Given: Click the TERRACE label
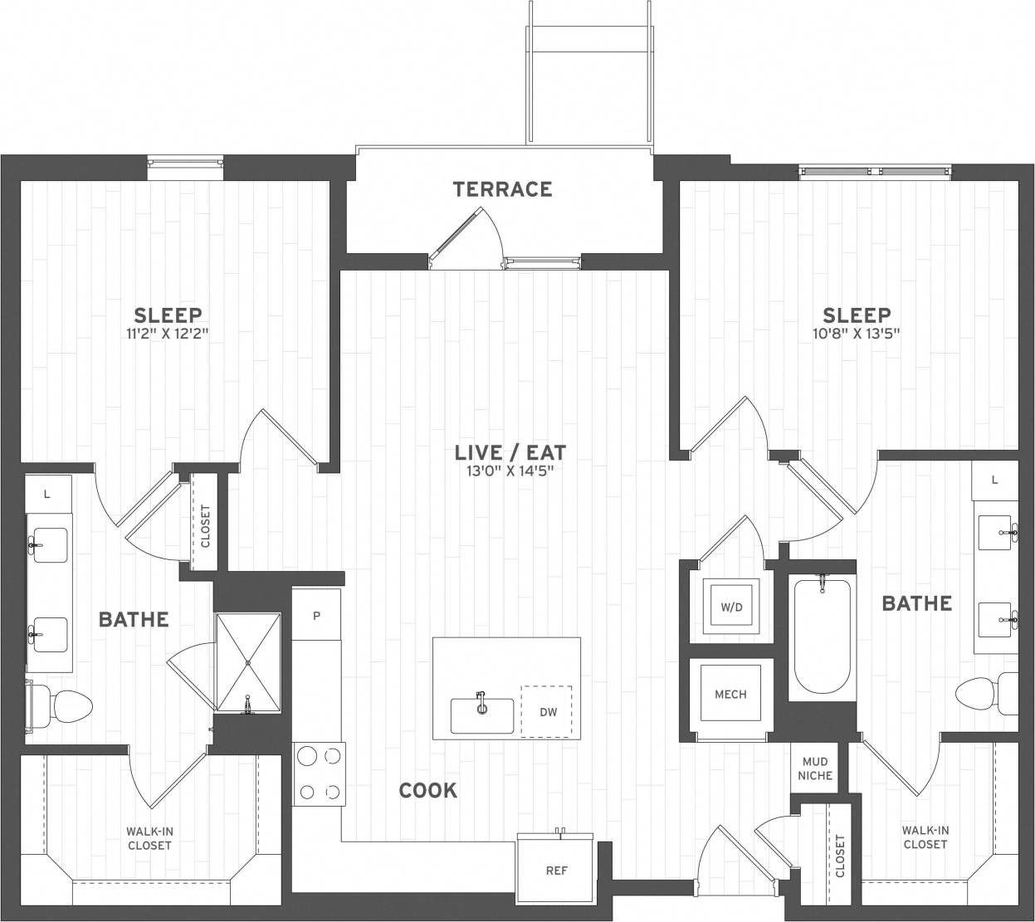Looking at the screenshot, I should [502, 189].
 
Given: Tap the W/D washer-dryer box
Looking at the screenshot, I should [731, 607].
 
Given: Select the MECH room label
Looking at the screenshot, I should [730, 694].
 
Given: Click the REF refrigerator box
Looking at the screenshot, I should [556, 871].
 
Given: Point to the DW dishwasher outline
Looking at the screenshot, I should [547, 711].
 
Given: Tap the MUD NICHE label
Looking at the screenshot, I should [813, 768].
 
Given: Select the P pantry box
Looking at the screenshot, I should [316, 616].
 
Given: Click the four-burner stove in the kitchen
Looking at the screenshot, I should [319, 773].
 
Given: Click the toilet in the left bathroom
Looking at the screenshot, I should [66, 706].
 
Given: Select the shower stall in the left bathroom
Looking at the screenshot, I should [249, 661].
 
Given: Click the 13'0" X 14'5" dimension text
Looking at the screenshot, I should [510, 471].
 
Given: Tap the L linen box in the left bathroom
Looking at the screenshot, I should [47, 494].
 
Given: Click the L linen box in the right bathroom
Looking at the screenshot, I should [994, 480].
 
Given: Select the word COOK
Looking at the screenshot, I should [427, 790].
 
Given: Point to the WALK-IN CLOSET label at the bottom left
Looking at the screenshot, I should [149, 838].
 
